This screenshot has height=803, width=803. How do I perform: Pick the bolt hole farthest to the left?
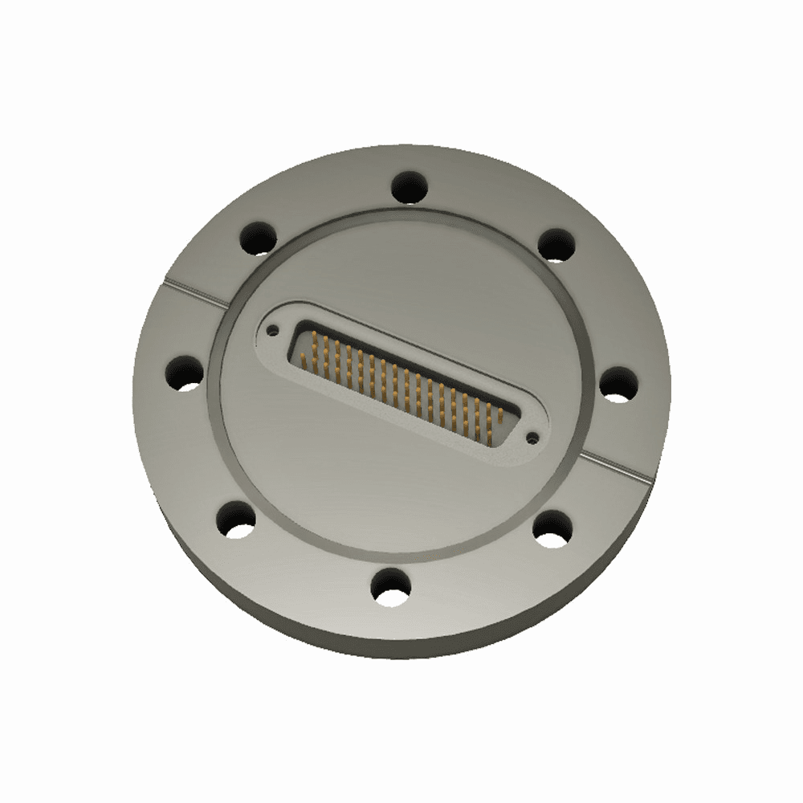point(185,373)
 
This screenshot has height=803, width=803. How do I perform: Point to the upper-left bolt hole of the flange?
point(258,237)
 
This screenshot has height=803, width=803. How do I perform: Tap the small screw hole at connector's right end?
point(532,438)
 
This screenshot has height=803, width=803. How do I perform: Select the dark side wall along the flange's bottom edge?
point(385,642)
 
